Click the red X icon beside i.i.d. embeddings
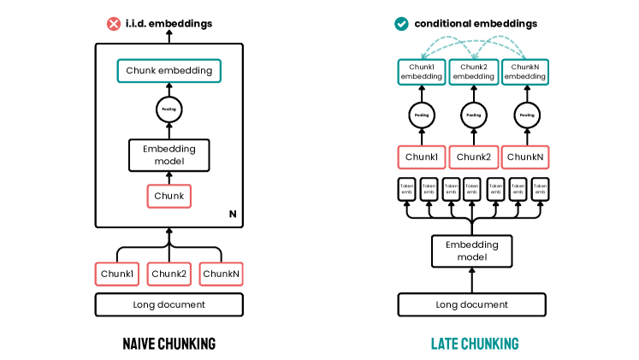click(x=113, y=24)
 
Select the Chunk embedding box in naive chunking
click(x=169, y=71)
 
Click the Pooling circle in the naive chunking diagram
click(x=169, y=109)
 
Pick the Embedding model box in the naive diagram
click(x=169, y=155)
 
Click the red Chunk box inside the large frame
click(x=169, y=196)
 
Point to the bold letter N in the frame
click(x=233, y=213)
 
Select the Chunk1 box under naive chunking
click(x=116, y=274)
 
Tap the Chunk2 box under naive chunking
click(x=169, y=274)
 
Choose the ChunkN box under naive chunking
click(x=222, y=274)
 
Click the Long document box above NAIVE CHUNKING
click(x=169, y=304)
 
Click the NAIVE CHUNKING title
click(x=169, y=344)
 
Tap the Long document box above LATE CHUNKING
click(x=472, y=304)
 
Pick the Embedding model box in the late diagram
click(x=472, y=251)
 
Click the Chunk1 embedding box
click(x=421, y=72)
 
